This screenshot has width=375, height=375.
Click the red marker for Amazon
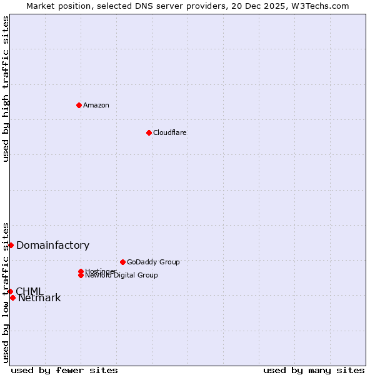79,105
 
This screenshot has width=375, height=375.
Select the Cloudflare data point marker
149,132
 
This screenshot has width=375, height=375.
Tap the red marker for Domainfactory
11,245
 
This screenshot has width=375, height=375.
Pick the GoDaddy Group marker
122,262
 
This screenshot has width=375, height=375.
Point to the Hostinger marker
81,271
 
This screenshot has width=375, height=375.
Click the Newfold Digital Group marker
81,275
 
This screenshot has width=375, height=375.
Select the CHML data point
10,291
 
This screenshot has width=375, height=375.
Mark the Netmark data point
12,297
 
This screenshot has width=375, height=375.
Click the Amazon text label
96,105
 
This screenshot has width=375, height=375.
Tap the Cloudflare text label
170,132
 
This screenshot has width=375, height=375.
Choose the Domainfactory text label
52,246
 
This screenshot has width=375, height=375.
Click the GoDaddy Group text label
153,262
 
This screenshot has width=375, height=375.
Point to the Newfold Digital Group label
121,276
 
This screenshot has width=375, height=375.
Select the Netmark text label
39,298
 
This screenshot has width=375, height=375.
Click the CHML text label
29,291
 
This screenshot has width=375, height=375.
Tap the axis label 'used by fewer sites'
64,370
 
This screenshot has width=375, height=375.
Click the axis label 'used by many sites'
314,370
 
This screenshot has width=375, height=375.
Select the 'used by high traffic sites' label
6,89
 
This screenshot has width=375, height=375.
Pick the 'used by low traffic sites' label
6,292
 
